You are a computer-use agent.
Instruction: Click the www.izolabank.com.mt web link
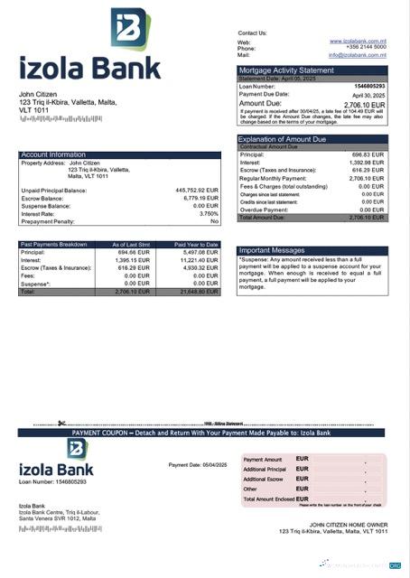[x=359, y=41]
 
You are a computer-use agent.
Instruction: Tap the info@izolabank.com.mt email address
[x=357, y=55]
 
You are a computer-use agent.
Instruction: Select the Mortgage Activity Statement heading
[x=285, y=70]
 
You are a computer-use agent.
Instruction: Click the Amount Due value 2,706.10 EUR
[x=365, y=105]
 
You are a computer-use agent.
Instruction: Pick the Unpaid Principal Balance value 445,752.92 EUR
[x=197, y=191]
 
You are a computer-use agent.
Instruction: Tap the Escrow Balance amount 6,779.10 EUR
[x=200, y=198]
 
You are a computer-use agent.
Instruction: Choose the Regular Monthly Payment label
[x=275, y=179]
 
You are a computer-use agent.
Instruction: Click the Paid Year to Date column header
[x=196, y=244]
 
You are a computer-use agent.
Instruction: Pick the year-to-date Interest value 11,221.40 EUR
[x=199, y=260]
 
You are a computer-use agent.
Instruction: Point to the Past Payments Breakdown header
[x=54, y=244]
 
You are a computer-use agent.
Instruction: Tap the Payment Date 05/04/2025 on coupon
[x=198, y=464]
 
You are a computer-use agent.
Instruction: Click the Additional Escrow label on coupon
[x=265, y=480]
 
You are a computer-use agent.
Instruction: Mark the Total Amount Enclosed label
[x=268, y=499]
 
